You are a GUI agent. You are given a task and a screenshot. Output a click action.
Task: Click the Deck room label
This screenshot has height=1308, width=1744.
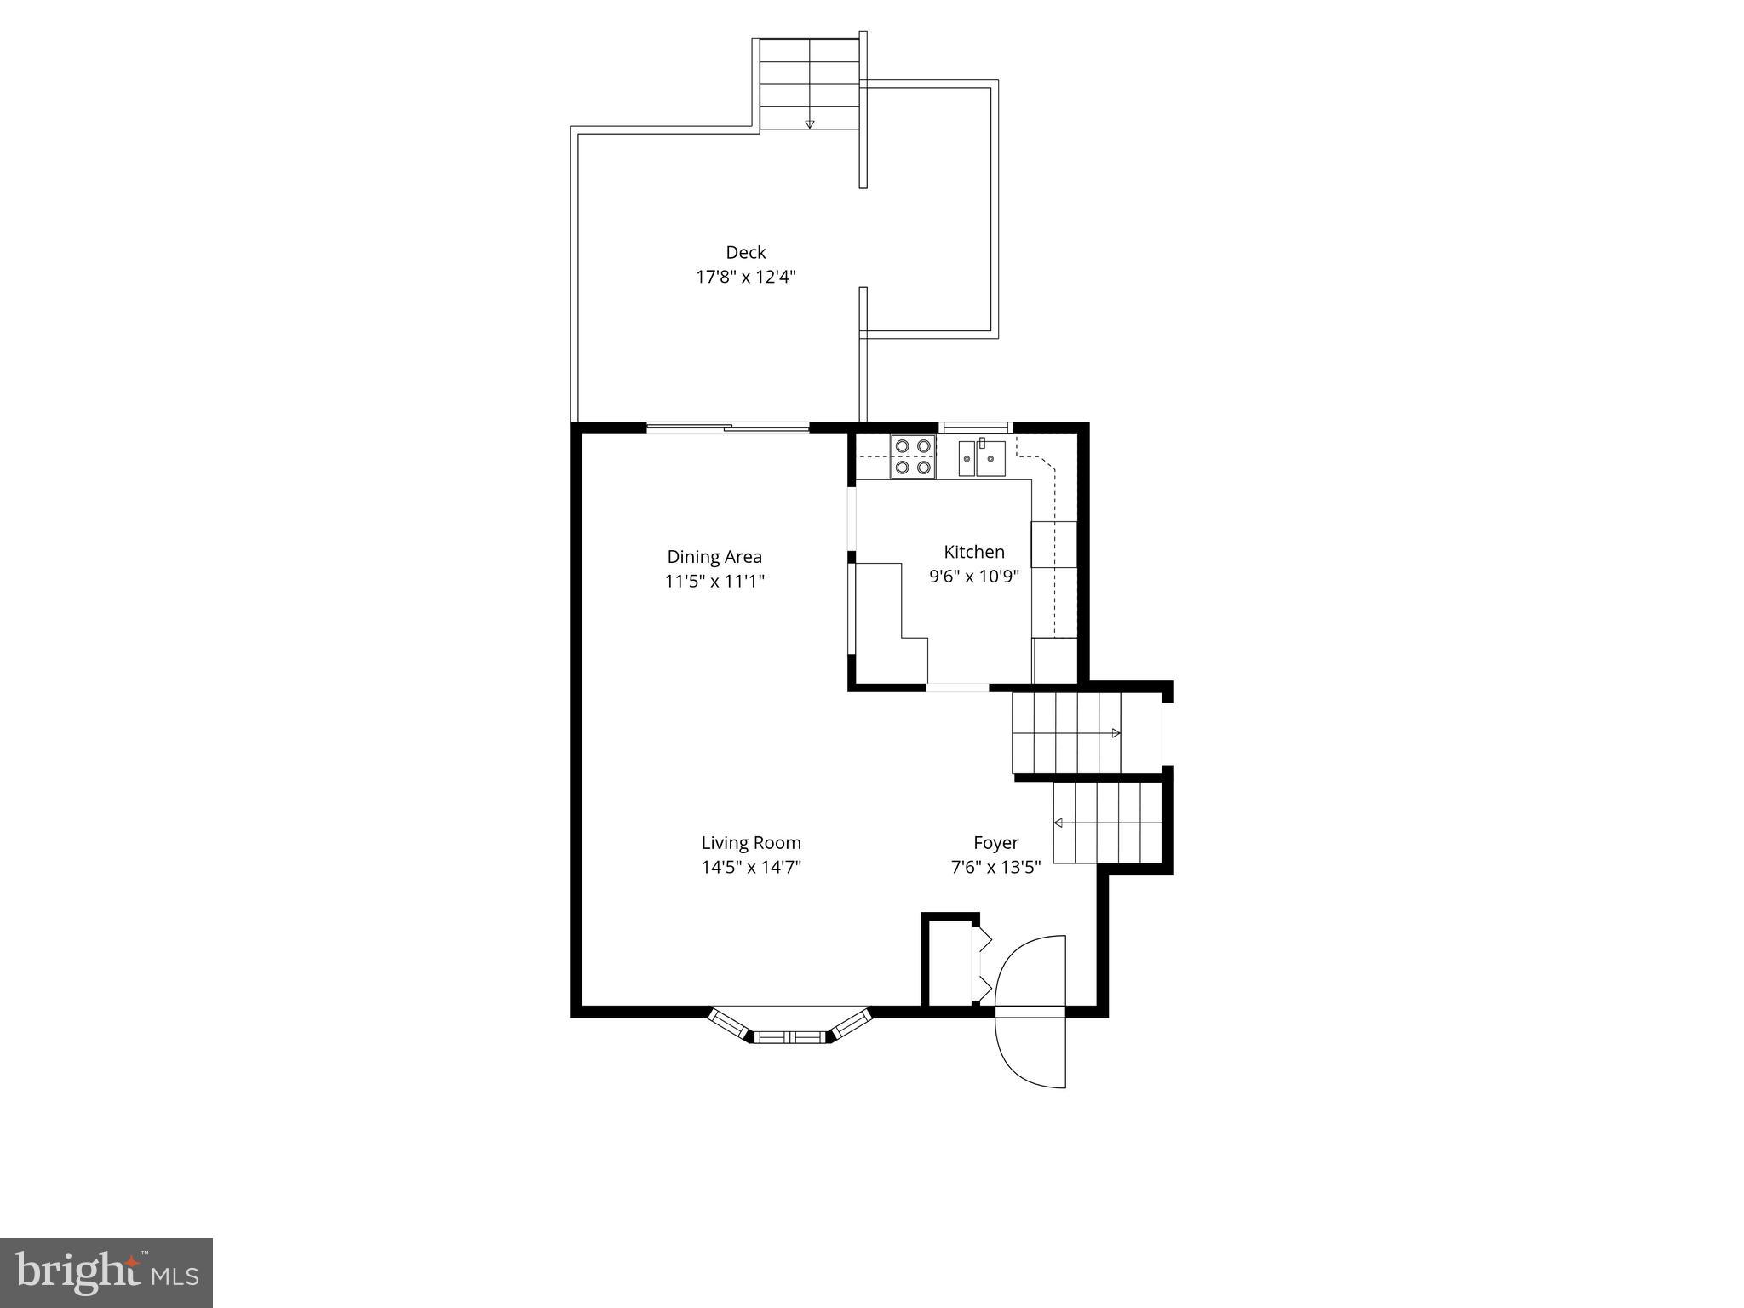pos(745,252)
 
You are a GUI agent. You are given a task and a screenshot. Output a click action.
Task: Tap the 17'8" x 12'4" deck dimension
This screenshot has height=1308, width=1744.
pos(745,277)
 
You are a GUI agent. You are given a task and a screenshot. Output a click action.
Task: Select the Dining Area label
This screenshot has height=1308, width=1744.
pos(714,557)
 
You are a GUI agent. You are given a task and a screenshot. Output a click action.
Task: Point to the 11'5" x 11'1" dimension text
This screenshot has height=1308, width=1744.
pos(714,582)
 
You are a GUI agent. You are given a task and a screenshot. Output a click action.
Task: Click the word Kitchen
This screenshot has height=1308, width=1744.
pos(973,552)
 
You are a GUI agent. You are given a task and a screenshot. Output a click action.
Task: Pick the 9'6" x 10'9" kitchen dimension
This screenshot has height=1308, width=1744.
pos(973,577)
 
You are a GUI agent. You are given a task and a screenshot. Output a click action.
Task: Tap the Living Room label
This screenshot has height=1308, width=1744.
pos(750,843)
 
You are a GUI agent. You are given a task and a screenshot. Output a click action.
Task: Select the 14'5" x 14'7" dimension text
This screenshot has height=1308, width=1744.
pos(750,868)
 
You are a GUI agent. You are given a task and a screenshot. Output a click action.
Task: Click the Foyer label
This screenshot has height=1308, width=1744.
pos(995,843)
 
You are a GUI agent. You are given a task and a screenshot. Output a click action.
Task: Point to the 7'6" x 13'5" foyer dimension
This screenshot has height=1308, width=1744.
pos(995,868)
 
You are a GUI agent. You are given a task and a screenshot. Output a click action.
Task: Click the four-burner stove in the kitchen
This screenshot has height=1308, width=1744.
pos(912,456)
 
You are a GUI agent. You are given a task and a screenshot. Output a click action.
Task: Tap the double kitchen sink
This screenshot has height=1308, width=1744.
pos(982,458)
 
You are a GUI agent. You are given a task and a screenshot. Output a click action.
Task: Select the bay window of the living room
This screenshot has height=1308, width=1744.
pos(791,1028)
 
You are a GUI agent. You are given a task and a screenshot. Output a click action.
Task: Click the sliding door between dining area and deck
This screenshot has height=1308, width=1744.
pos(727,427)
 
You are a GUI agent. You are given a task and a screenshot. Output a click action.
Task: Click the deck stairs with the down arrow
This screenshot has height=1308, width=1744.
pos(809,84)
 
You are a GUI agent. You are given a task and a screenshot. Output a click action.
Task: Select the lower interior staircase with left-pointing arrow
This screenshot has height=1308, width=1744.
pos(1107,823)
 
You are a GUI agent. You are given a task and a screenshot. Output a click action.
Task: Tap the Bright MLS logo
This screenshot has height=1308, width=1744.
pos(106,1272)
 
